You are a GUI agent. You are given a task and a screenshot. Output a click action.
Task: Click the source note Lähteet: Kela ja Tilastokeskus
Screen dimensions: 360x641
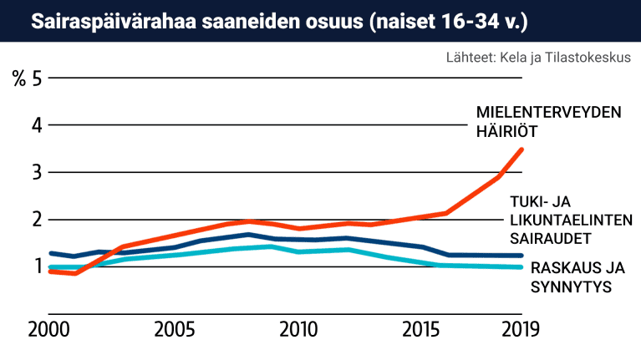tap(537, 58)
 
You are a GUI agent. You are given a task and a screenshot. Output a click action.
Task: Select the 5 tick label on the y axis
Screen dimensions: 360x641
tap(37, 79)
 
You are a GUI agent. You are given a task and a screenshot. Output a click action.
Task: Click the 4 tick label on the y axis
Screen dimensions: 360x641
tap(37, 126)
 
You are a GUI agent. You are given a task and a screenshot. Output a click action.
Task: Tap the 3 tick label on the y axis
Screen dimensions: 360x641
tap(37, 173)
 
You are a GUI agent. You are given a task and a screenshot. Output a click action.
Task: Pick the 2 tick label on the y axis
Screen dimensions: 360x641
tap(37, 220)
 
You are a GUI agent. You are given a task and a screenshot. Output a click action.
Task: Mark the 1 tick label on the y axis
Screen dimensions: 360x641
tap(37, 266)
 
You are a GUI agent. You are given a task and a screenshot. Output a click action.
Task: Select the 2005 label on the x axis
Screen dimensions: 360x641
tap(173, 328)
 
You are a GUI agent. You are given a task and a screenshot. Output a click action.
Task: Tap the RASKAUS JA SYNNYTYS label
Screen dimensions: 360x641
tap(577, 277)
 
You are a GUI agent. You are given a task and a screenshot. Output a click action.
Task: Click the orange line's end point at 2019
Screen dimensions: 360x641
tap(522, 150)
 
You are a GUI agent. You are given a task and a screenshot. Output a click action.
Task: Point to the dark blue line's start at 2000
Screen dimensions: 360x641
tap(51, 253)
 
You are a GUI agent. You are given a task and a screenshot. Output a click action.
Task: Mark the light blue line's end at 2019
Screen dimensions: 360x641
tap(522, 267)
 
